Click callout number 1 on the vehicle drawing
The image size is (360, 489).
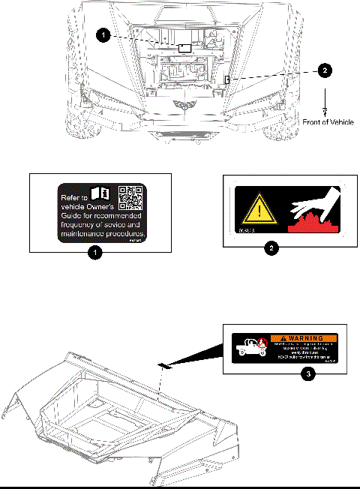(x=105, y=34)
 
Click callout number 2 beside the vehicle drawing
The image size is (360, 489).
(x=323, y=70)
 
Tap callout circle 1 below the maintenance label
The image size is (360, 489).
(x=95, y=253)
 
